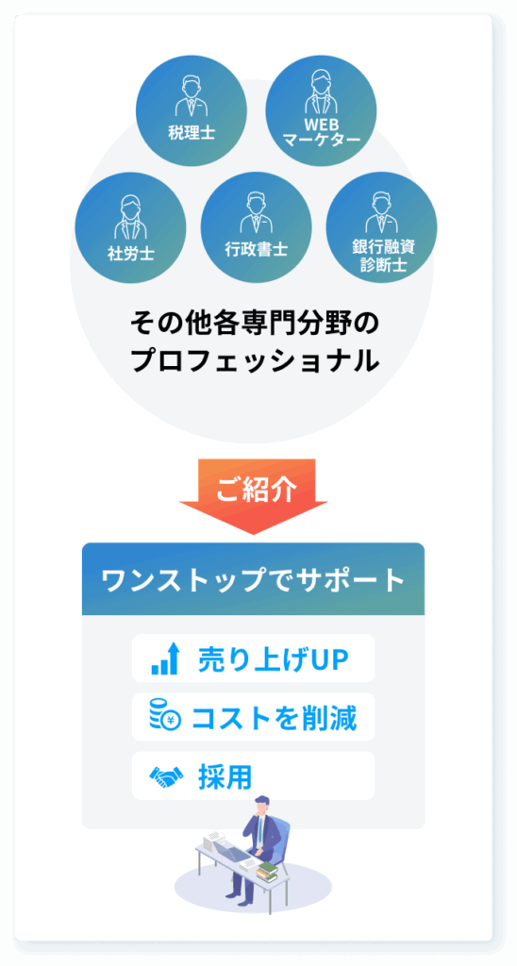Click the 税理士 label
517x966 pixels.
[x=191, y=132]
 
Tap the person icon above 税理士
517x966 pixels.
[x=191, y=96]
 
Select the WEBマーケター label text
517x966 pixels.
[x=321, y=132]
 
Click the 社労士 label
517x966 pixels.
[x=130, y=253]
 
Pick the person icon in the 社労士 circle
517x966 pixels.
[x=130, y=217]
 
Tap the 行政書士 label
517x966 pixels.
[x=257, y=249]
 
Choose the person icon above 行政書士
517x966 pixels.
[x=256, y=212]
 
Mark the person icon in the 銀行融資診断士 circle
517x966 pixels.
[x=381, y=212]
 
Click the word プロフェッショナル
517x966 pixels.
[x=255, y=361]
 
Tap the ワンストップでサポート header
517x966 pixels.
[x=253, y=579]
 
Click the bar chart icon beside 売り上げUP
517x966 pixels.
[x=164, y=658]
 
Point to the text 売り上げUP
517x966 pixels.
[x=274, y=659]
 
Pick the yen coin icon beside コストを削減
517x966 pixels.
[x=164, y=715]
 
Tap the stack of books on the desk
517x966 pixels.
[x=267, y=871]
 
